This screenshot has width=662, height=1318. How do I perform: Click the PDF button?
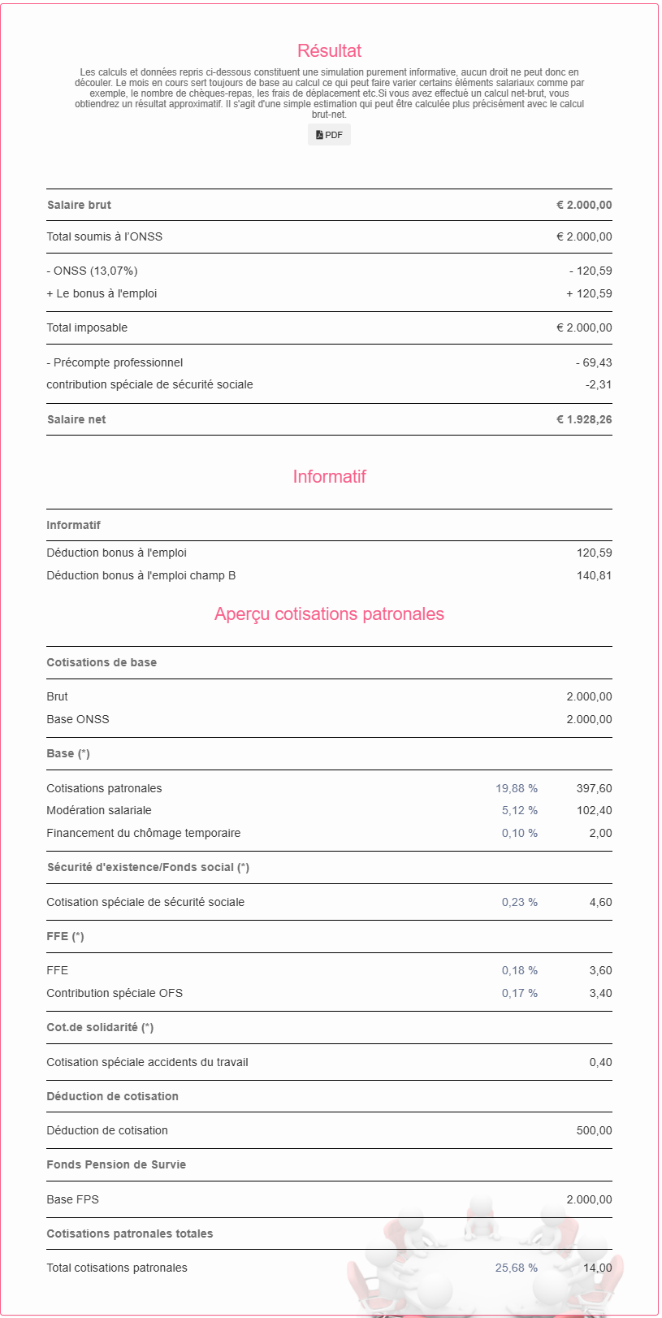tap(329, 135)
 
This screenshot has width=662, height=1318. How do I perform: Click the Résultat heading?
tap(329, 51)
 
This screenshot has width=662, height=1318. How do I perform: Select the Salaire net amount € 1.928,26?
tap(584, 419)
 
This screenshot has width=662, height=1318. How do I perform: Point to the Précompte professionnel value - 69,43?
tap(594, 362)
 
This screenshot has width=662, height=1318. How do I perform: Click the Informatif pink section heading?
tap(329, 477)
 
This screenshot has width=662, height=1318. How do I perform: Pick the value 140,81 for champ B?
tap(594, 575)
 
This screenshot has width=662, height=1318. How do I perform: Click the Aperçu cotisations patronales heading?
tap(329, 614)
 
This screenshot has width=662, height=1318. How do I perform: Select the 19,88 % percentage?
tap(517, 788)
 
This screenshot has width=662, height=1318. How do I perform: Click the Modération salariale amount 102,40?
tap(594, 810)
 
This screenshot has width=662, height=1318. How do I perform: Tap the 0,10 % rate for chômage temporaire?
tap(520, 833)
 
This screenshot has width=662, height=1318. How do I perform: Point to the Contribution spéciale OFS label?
tap(115, 993)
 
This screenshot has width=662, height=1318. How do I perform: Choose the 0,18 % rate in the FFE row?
tap(520, 970)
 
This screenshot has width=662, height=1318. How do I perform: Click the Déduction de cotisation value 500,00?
tap(594, 1130)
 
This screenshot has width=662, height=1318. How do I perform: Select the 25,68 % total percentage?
tap(517, 1268)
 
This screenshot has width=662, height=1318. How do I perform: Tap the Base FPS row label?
tap(72, 1199)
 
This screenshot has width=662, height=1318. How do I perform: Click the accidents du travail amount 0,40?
tap(601, 1062)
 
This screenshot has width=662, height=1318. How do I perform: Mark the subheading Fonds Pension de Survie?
tap(116, 1164)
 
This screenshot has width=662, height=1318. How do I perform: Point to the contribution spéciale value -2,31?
tap(599, 384)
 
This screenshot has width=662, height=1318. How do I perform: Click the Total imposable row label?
tap(87, 327)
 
